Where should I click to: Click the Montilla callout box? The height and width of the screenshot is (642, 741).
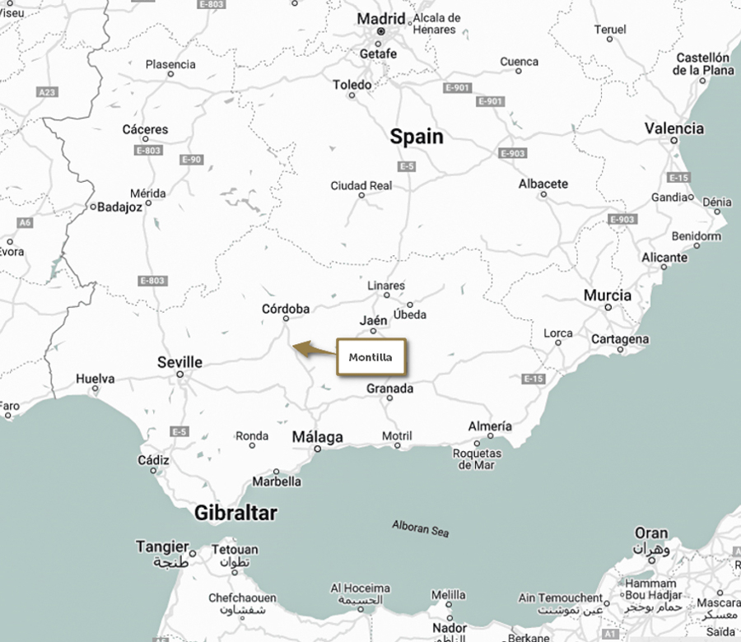pos(370,357)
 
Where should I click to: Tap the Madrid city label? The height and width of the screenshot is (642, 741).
pos(380,18)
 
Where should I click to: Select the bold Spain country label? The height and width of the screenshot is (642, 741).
pos(416,137)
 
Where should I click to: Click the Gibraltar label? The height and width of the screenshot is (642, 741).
pos(235,514)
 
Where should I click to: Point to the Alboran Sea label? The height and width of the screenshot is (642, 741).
pos(421,528)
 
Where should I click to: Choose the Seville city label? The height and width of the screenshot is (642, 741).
pos(179,362)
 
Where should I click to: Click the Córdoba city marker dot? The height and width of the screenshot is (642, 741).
pos(286,319)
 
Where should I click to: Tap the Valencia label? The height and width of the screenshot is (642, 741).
pos(673,128)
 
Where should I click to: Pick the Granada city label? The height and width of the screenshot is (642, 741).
pos(389,388)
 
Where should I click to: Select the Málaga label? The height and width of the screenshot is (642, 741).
pos(317,437)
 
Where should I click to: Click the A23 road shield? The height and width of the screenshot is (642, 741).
pos(48,92)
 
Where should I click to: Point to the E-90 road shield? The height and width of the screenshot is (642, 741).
pos(190,159)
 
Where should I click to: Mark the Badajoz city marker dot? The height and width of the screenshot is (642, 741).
pos(94,207)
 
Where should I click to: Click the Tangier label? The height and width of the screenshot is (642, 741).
pos(162,547)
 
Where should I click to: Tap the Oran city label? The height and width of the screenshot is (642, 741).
pos(650,533)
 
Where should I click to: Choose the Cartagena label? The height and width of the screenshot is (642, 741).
pos(620,339)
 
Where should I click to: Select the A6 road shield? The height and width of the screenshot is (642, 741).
pos(26,222)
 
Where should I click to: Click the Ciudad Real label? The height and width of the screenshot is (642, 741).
pos(361,186)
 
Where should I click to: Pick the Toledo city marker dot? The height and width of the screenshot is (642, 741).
pos(352,95)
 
